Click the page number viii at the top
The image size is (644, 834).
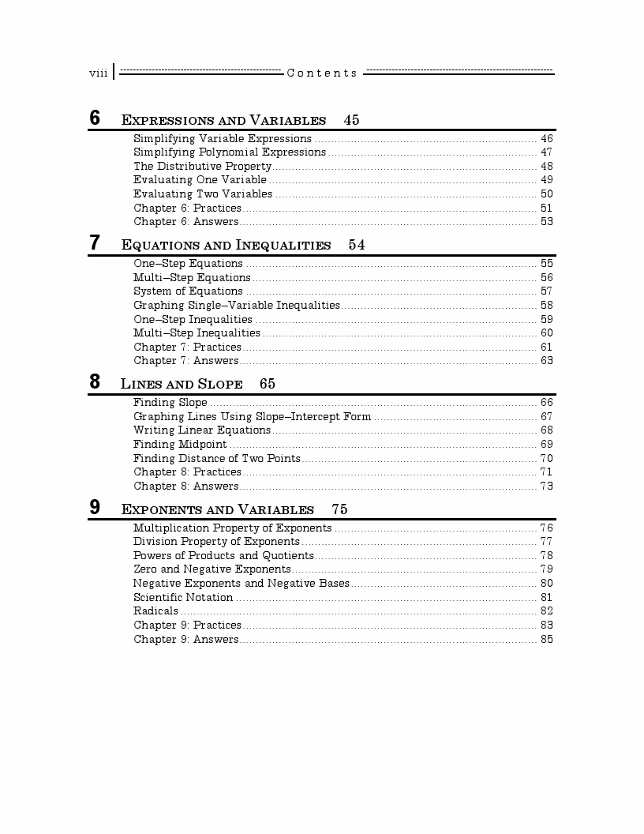click(98, 73)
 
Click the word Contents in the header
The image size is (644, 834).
click(322, 73)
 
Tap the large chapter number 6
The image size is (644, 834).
click(95, 118)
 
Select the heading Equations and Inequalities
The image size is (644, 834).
click(226, 246)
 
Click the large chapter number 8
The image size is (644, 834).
click(95, 382)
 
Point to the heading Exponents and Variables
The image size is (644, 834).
click(217, 509)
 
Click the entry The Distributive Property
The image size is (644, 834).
click(202, 166)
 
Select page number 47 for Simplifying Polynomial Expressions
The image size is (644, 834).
click(546, 152)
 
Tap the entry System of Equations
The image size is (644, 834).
click(188, 291)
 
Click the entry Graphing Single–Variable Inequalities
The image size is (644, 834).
click(236, 305)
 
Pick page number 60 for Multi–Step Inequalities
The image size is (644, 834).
click(546, 333)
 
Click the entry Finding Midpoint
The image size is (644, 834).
click(180, 444)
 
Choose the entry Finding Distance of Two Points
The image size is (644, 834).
click(216, 458)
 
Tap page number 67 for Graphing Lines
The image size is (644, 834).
click(546, 416)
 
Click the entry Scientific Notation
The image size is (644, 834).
click(183, 597)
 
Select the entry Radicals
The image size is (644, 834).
click(155, 610)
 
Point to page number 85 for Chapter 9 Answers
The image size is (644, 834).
click(546, 639)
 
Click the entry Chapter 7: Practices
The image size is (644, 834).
click(187, 347)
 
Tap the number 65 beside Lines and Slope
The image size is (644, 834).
click(267, 384)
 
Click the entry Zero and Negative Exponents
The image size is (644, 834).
click(212, 569)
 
